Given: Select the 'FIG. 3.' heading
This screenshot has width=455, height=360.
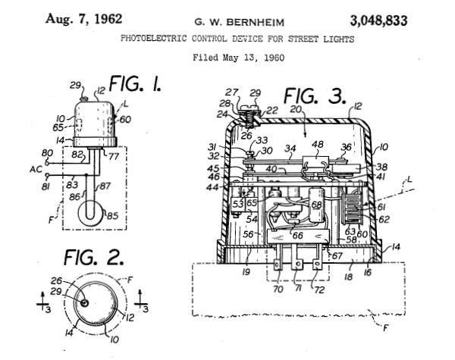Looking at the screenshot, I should pos(315,98).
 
